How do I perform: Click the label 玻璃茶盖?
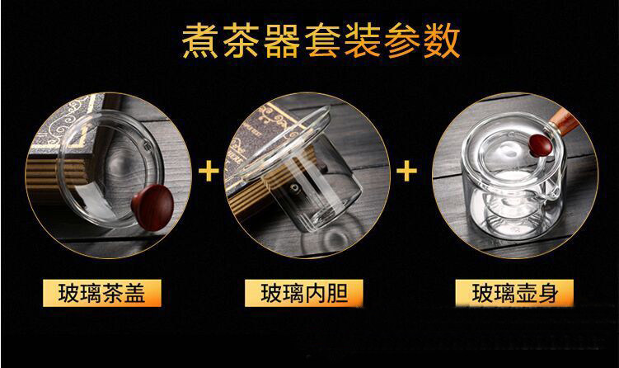[x=102, y=293]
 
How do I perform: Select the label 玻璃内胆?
[x=304, y=293]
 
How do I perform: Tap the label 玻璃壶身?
[x=515, y=293]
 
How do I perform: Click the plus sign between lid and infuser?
[x=209, y=172]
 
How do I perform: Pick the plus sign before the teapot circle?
[x=406, y=172]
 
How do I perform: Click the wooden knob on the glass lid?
[x=152, y=208]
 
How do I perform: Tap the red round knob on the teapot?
[x=541, y=145]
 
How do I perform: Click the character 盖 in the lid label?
[x=135, y=293]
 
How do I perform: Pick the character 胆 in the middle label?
[x=337, y=293]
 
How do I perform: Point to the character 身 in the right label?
[x=548, y=293]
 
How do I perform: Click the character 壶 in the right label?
[x=526, y=293]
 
